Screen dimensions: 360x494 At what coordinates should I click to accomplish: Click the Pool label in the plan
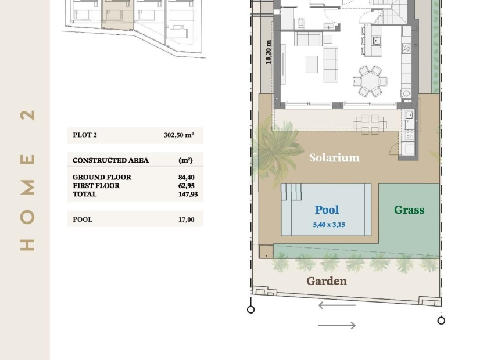pos(327,210)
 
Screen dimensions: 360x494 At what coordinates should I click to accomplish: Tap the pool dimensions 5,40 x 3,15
pos(329,225)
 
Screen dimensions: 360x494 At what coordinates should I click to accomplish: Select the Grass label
pos(409,210)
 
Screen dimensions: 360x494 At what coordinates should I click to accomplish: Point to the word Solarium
pos(334,158)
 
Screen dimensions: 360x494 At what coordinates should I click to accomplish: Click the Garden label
pos(327,281)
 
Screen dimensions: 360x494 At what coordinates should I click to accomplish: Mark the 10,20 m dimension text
pos(269,52)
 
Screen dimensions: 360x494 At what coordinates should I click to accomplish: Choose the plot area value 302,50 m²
pos(178,135)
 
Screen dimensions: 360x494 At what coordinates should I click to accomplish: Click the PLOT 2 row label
pos(85,135)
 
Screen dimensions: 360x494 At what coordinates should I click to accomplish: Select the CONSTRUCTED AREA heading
pos(110,160)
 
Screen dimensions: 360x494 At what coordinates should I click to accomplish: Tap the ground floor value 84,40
pos(186,178)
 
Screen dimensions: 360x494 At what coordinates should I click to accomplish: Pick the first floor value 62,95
pos(186,186)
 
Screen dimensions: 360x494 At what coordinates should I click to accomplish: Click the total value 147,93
pos(188,194)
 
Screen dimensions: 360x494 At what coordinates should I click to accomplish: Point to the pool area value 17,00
pos(186,219)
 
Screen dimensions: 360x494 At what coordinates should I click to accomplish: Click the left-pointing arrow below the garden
pos(337,305)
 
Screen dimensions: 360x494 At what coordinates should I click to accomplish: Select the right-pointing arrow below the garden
pos(337,326)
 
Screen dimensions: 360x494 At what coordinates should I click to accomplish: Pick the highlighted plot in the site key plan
pos(118,15)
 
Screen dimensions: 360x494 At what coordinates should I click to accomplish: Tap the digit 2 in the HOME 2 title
pos(27,115)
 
